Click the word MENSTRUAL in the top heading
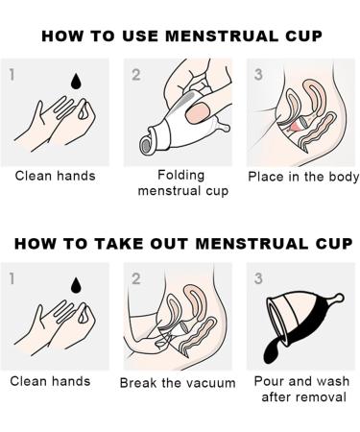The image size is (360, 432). coord(222,36)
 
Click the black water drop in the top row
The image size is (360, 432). coord(76,82)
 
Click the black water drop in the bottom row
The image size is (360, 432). coord(76,285)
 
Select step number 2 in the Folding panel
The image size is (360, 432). coord(136,75)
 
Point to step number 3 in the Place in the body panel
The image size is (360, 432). coord(258,74)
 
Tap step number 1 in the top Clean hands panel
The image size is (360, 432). coord(12,75)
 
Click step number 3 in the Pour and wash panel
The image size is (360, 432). coord(258,278)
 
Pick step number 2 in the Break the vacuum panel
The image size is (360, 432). coord(136,278)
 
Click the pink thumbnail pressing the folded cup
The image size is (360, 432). coord(198,113)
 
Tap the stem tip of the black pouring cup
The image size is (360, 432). coord(339,299)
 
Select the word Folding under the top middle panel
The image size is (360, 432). coord(181,175)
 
